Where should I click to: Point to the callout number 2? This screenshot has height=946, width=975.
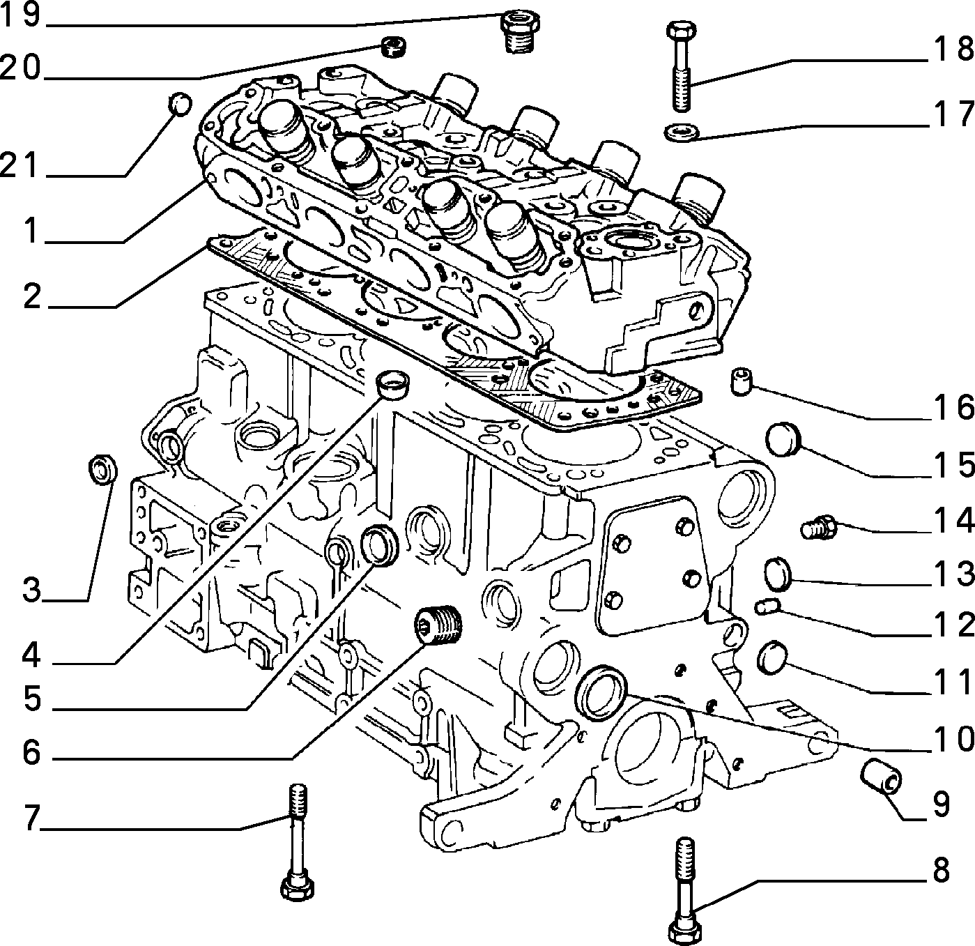(31, 296)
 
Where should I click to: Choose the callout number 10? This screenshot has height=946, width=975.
(953, 740)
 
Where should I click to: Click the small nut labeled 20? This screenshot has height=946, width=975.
(393, 47)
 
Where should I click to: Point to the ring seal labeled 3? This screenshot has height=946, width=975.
(102, 469)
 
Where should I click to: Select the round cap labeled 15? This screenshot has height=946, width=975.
(784, 439)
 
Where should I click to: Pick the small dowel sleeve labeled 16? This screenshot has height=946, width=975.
(742, 381)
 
